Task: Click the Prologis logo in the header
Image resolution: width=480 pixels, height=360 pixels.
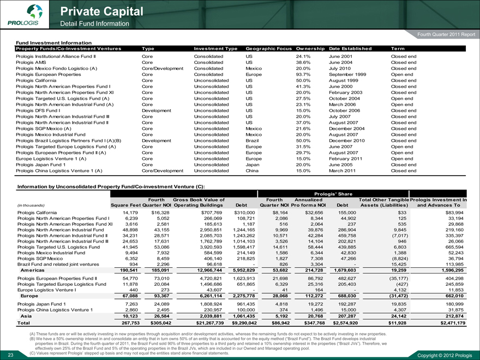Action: click(x=22, y=15)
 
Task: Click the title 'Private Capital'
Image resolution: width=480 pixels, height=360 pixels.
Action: click(x=102, y=11)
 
